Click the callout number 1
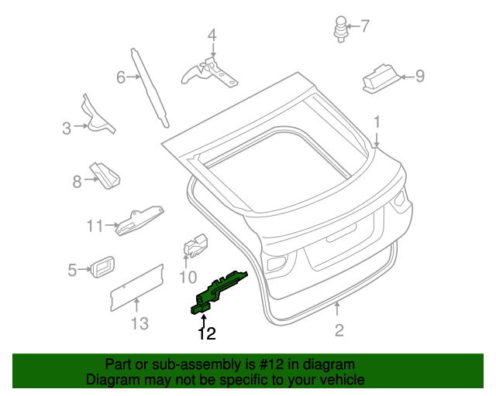pyautogui.click(x=377, y=122)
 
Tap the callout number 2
pyautogui.click(x=339, y=331)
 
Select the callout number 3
pyautogui.click(x=67, y=128)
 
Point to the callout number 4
pyautogui.click(x=212, y=35)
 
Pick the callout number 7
pyautogui.click(x=365, y=26)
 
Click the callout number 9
pyautogui.click(x=420, y=76)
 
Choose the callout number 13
pyautogui.click(x=139, y=323)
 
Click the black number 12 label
pyautogui.click(x=206, y=334)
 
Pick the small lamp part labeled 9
pyautogui.click(x=381, y=77)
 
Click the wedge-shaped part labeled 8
pyautogui.click(x=104, y=176)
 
